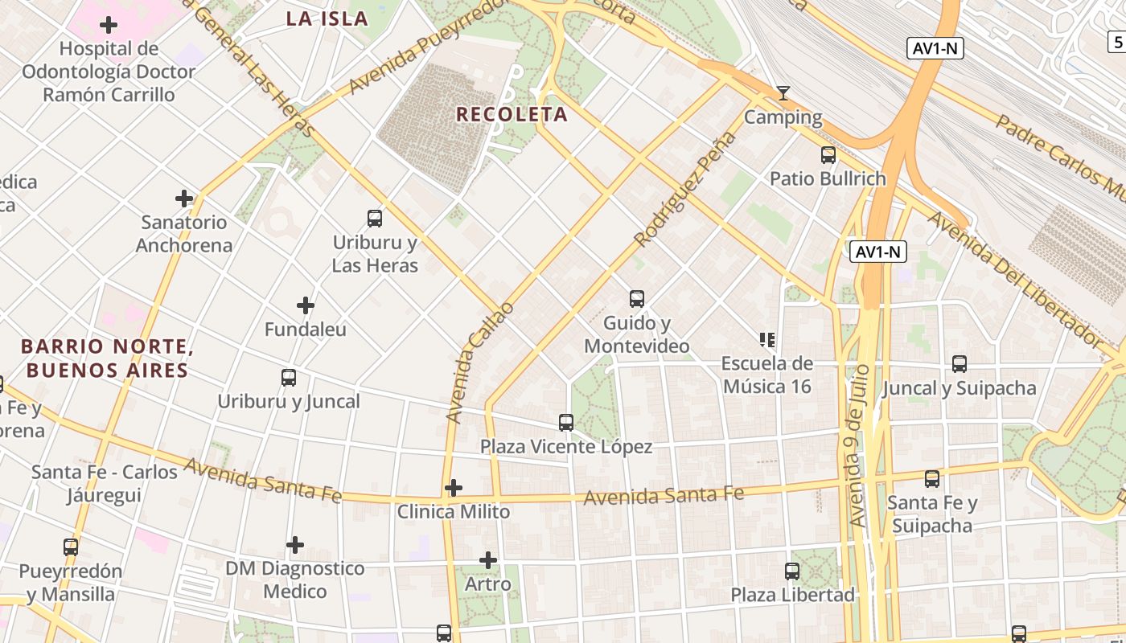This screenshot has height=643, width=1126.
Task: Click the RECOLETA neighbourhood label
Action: (512, 114)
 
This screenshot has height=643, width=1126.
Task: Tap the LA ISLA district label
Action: (327, 18)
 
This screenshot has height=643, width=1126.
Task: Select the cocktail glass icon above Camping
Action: (783, 93)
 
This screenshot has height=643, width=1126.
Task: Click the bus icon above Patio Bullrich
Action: (828, 155)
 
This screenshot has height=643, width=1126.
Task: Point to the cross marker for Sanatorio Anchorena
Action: (184, 199)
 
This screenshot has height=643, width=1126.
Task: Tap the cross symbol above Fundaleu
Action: (305, 305)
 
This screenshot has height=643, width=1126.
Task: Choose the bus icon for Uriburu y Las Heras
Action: (375, 218)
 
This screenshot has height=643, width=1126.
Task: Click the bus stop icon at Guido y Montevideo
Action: (637, 299)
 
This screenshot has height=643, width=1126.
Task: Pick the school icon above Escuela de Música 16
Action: (766, 340)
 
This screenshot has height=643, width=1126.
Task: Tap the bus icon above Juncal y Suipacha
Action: (959, 364)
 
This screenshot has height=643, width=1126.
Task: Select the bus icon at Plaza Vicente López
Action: (566, 423)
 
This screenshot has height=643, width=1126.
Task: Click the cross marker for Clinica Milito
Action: (454, 488)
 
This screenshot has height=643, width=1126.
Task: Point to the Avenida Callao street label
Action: (479, 362)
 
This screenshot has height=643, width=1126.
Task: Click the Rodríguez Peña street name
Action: (684, 190)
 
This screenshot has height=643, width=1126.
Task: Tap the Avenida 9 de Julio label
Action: (858, 445)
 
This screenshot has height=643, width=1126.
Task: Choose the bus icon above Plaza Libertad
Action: (792, 571)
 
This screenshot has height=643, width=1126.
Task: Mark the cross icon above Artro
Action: (488, 560)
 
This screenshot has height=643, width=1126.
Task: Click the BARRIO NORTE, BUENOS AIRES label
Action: (107, 358)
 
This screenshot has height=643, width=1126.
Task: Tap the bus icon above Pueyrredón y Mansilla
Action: (71, 547)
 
